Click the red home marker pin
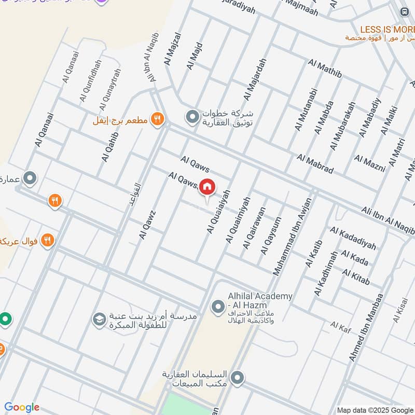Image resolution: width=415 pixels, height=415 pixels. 207,187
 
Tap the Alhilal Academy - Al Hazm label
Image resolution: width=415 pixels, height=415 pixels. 260,300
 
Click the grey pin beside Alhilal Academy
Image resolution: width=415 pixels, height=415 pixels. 217,308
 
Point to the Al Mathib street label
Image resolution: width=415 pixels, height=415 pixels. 325,69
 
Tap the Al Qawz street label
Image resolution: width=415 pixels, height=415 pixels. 147,225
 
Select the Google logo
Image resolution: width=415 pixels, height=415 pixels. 22,407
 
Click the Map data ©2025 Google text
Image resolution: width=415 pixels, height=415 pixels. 375,410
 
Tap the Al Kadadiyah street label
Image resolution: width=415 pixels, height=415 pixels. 353,238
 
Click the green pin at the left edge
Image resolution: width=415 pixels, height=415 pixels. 5,318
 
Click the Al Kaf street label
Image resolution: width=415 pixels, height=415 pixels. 341,326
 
